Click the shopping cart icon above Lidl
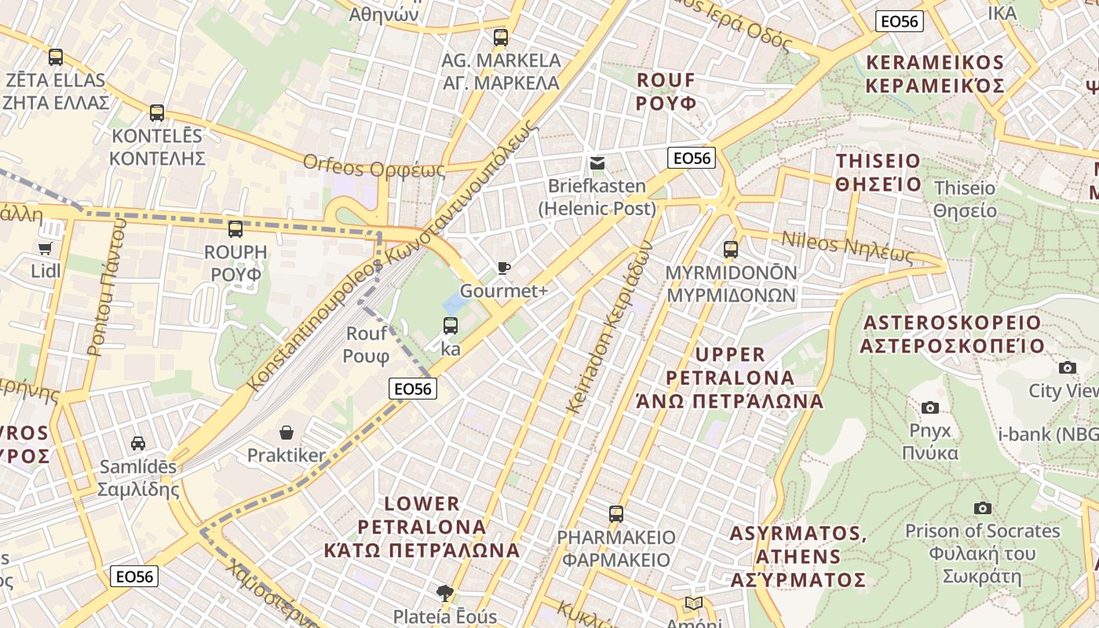click(x=45, y=248)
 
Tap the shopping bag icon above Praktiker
click(x=287, y=433)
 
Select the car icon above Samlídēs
click(x=138, y=444)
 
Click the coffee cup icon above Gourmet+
click(x=504, y=268)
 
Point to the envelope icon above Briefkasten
click(x=597, y=163)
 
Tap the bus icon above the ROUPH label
click(x=235, y=229)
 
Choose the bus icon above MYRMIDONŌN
click(x=731, y=250)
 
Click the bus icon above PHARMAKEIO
click(x=616, y=514)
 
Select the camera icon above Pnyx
click(x=930, y=407)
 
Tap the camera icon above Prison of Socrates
click(x=982, y=508)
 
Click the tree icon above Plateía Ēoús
click(x=445, y=593)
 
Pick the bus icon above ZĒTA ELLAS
click(x=55, y=57)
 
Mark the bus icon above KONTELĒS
click(x=157, y=113)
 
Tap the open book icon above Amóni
click(x=692, y=603)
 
